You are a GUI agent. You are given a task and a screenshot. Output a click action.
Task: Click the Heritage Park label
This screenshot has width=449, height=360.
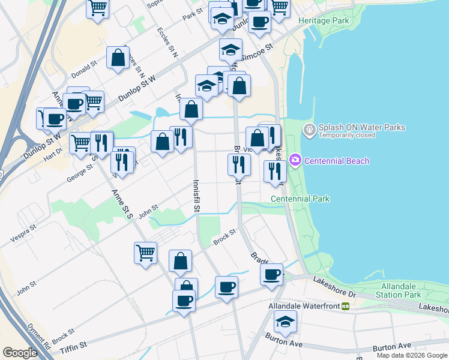[x=324, y=20]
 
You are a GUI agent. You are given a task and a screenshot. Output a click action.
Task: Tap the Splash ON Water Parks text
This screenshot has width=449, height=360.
[x=361, y=127]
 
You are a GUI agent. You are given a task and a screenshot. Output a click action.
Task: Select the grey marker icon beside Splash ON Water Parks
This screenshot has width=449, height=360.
[x=309, y=129]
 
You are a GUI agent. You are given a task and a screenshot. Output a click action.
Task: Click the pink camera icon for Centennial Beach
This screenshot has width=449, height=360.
[x=295, y=160]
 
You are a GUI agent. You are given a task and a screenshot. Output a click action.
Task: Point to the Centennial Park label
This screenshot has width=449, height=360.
[x=300, y=199]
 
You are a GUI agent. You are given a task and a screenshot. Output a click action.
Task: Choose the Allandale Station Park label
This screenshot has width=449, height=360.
[x=399, y=291]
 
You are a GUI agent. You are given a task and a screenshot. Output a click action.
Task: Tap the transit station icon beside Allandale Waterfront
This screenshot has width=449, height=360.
[x=345, y=306]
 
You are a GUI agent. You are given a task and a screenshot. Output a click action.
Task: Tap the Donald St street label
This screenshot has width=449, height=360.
[x=84, y=68]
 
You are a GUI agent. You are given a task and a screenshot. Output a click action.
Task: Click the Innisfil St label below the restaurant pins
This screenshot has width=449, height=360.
[x=196, y=196]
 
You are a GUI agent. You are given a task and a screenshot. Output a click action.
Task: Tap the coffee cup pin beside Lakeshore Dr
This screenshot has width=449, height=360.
[x=271, y=275]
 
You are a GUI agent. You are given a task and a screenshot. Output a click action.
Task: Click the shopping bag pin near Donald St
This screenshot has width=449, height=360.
[x=118, y=58]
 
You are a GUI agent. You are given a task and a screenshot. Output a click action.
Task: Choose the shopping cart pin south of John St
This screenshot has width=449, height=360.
[x=145, y=253]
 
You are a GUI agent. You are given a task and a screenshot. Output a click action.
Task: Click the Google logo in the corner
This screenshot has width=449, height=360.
[x=20, y=353]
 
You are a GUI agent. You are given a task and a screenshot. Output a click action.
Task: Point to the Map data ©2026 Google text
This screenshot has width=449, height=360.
[x=412, y=355]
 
